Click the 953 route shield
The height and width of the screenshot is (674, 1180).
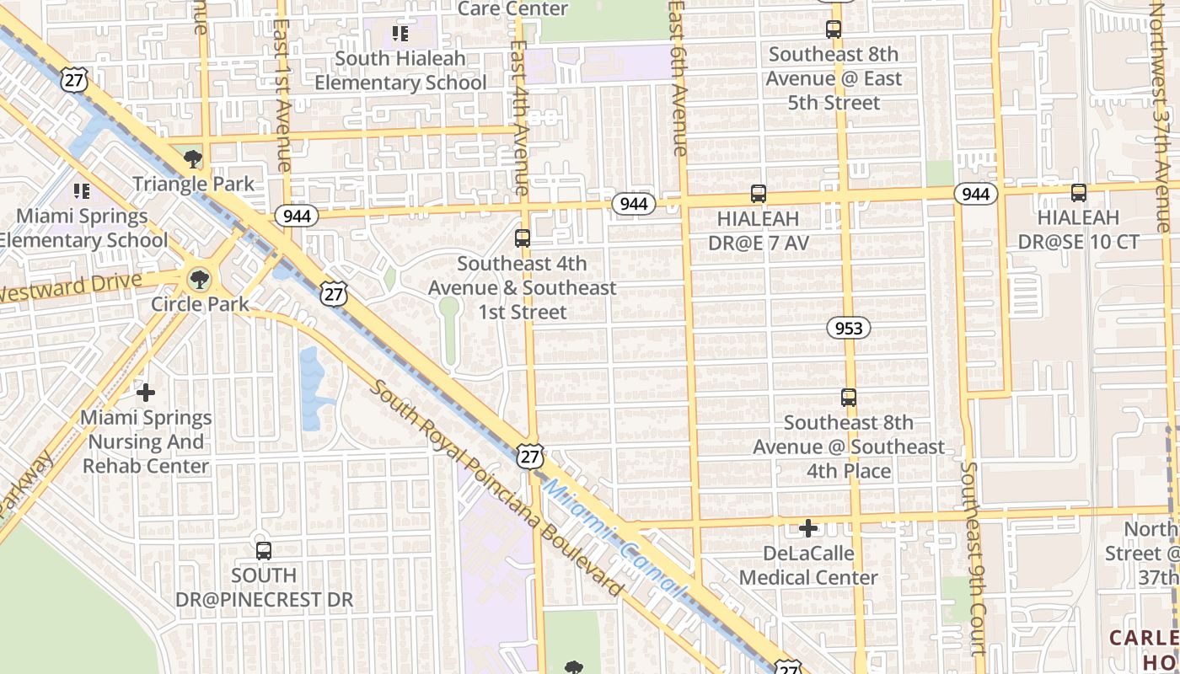(848, 328)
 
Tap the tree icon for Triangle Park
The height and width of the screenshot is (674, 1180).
(193, 158)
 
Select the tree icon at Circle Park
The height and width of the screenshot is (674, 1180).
(200, 279)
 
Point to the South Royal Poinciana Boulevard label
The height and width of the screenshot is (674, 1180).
(496, 488)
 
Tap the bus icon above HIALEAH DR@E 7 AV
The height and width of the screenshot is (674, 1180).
(758, 195)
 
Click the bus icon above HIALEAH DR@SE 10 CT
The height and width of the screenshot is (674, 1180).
(1078, 193)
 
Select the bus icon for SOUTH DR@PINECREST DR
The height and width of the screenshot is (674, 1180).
(264, 551)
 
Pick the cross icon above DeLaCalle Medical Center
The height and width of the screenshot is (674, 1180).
(808, 528)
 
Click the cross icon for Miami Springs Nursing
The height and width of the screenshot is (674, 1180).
(146, 392)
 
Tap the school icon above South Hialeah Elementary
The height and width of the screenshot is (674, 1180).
(400, 34)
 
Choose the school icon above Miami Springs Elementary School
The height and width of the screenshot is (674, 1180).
(82, 191)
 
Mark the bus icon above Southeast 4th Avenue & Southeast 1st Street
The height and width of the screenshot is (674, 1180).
(523, 238)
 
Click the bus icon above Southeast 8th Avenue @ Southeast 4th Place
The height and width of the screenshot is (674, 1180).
(849, 398)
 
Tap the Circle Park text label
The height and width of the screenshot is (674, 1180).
(200, 303)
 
